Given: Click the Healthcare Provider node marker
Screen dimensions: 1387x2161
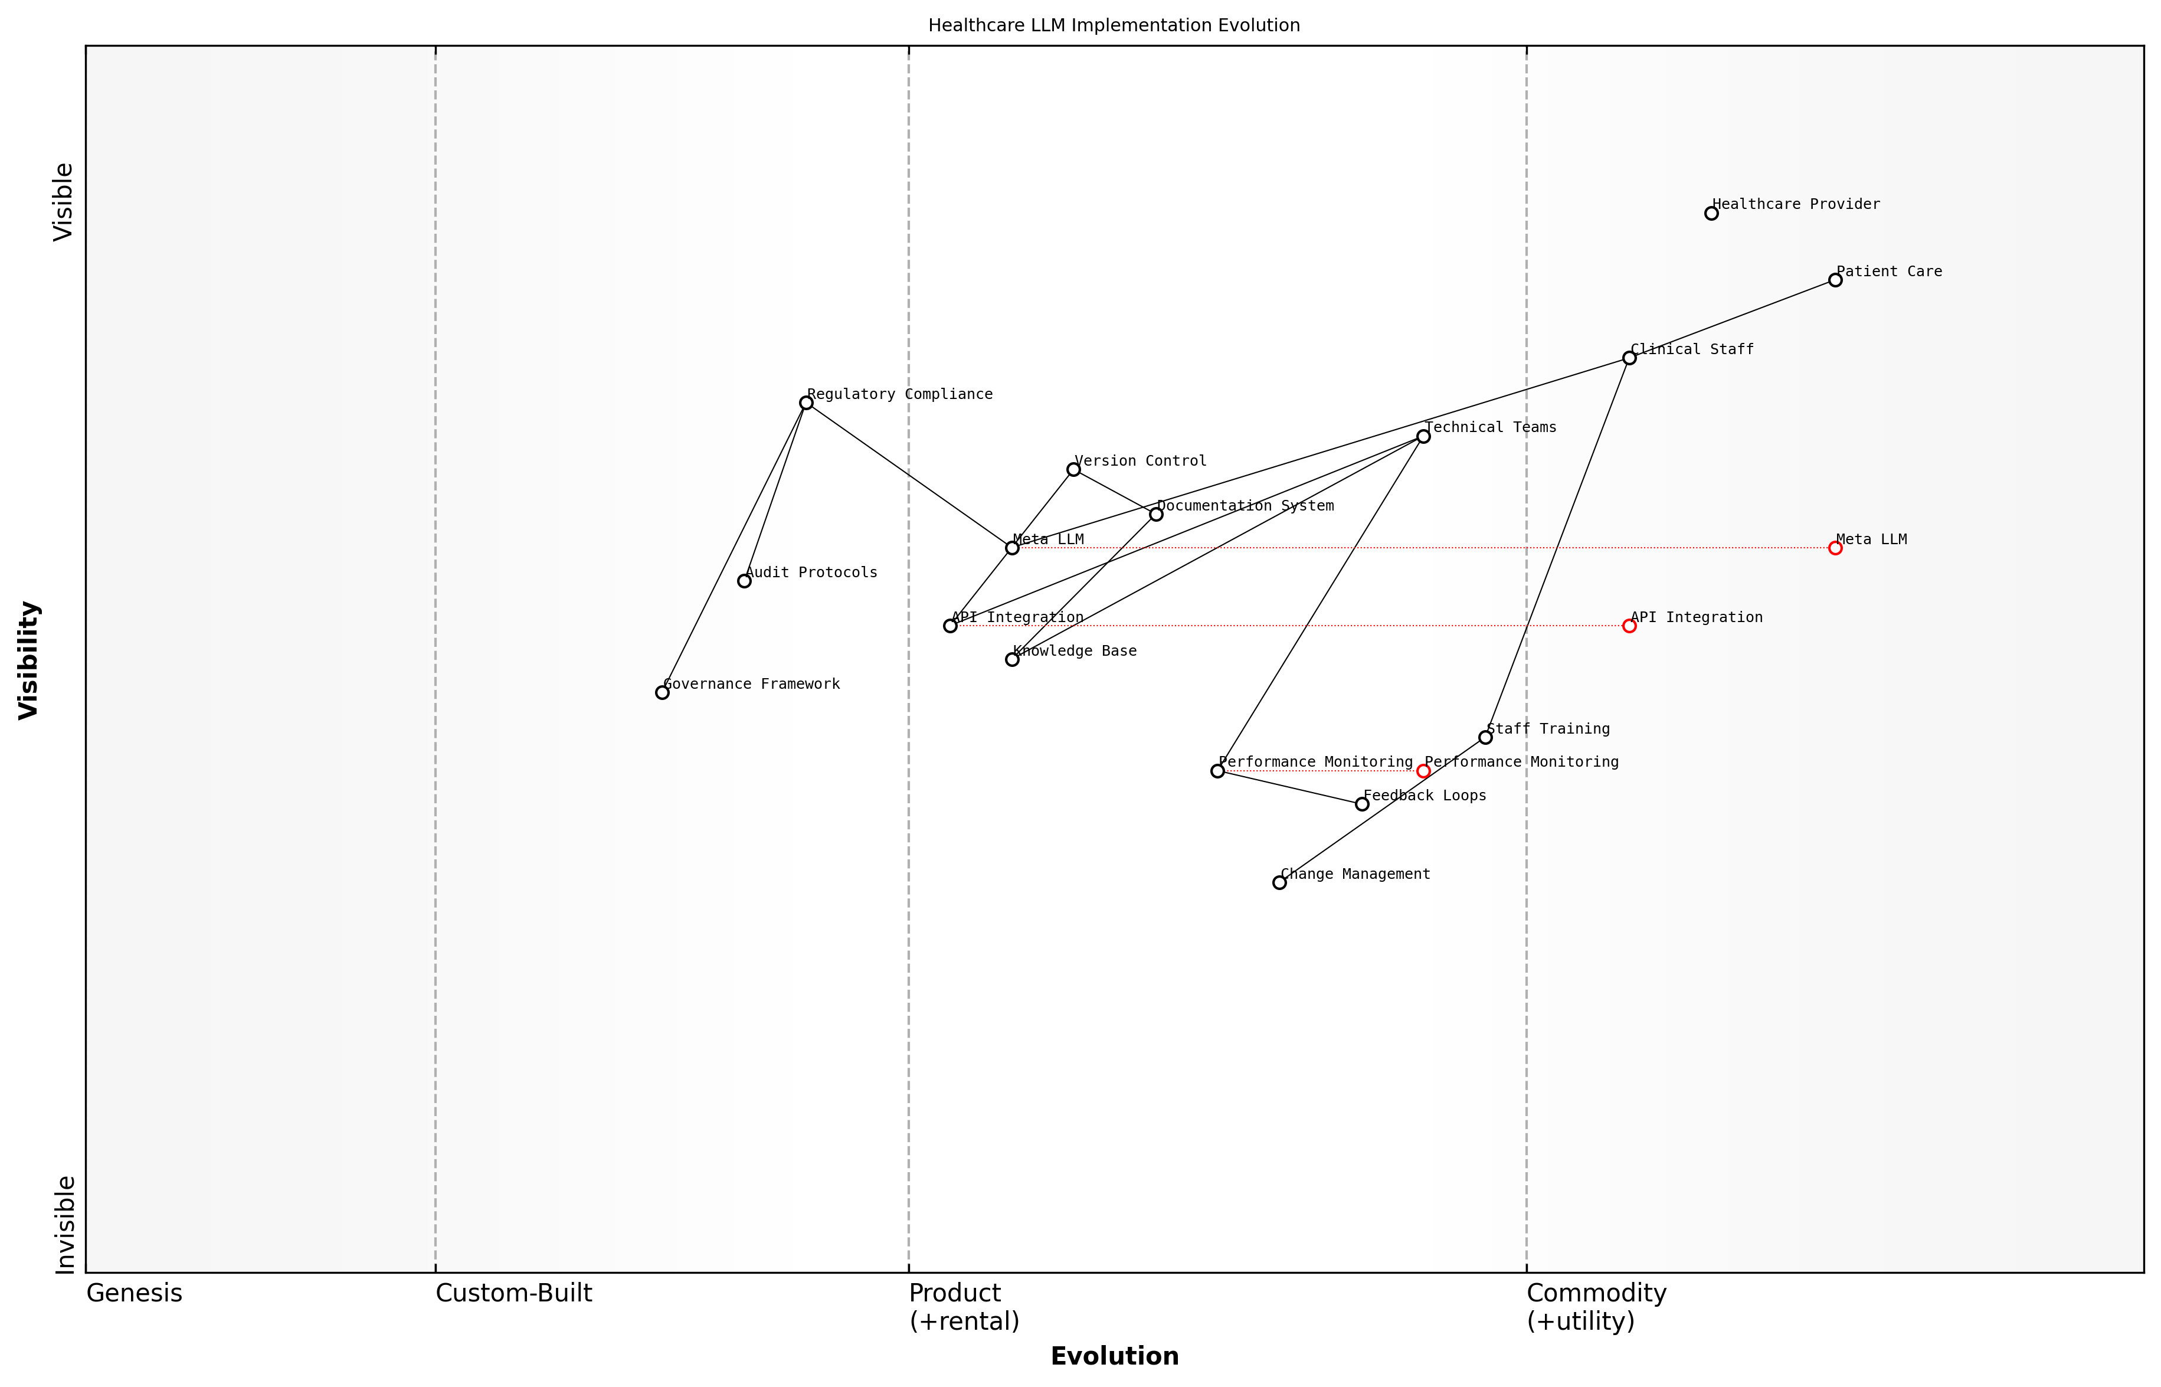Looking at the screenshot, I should (1711, 214).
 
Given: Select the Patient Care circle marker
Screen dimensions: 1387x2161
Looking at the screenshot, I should (1835, 280).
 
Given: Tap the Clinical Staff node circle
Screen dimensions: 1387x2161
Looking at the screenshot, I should (1629, 358).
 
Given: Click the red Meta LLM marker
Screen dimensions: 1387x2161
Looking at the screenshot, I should (1835, 548).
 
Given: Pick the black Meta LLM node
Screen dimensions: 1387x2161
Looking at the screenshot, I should (1012, 548).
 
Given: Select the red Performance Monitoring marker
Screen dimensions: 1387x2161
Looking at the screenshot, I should (1423, 771).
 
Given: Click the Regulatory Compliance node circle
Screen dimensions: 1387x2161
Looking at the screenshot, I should (806, 403).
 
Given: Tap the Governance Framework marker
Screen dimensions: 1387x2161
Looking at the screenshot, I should (662, 692).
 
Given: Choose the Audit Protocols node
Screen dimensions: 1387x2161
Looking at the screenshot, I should (744, 581).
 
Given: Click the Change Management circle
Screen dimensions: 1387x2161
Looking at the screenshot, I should (1279, 882).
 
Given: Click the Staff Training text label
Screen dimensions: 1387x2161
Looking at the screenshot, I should (1548, 729).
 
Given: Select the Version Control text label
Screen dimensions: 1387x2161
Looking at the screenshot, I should (1140, 461).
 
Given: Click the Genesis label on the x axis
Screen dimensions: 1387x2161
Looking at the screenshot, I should (134, 1293).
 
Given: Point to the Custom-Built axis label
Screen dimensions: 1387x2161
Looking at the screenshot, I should (513, 1293).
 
